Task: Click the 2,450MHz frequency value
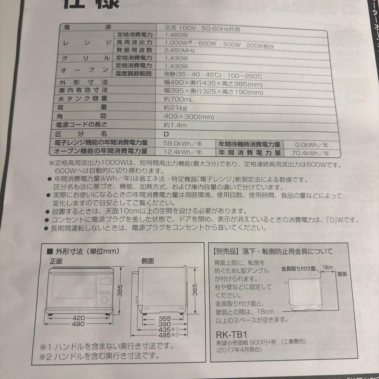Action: pyautogui.click(x=179, y=51)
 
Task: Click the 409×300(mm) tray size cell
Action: pyautogui.click(x=188, y=117)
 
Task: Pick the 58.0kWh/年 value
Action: pyautogui.click(x=183, y=144)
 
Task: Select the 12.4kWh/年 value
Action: pyautogui.click(x=183, y=152)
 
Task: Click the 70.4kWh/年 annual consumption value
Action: pyautogui.click(x=310, y=153)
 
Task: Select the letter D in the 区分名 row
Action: pyautogui.click(x=166, y=134)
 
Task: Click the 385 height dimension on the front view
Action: pyautogui.click(x=120, y=291)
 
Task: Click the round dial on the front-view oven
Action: pyautogui.click(x=104, y=300)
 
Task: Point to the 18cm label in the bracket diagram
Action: pyautogui.click(x=327, y=267)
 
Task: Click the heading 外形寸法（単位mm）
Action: pyautogui.click(x=86, y=251)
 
